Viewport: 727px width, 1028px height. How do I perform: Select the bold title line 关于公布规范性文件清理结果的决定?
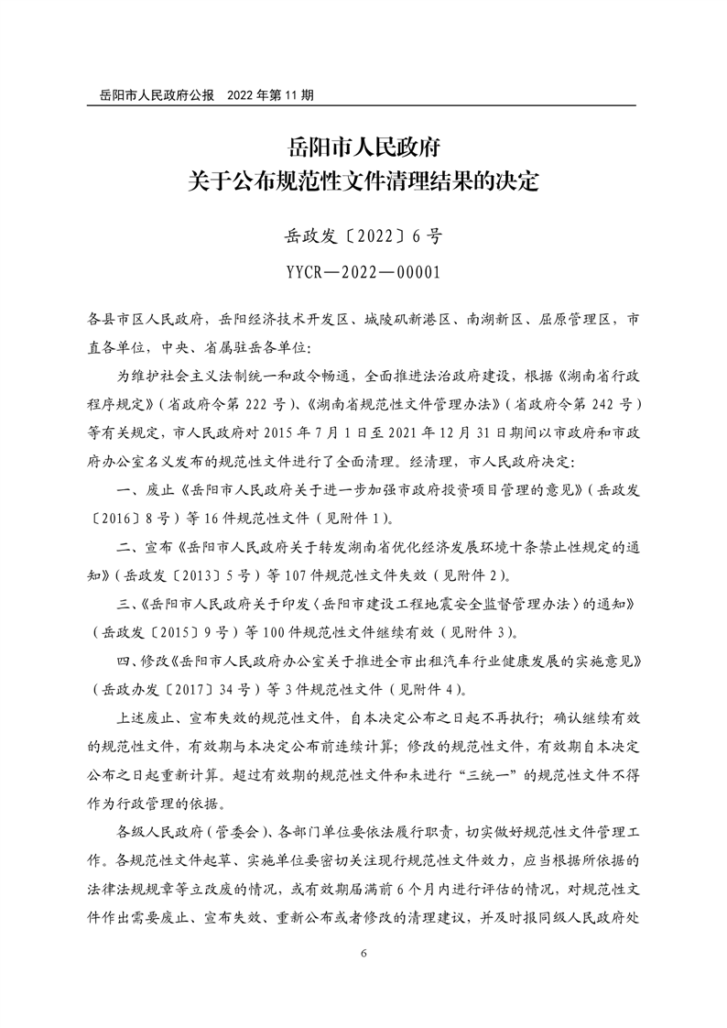coord(363,180)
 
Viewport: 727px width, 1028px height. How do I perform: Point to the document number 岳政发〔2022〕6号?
coord(363,237)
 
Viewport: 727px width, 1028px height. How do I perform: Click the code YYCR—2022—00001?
coord(363,272)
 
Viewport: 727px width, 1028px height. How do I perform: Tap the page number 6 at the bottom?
coord(363,953)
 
